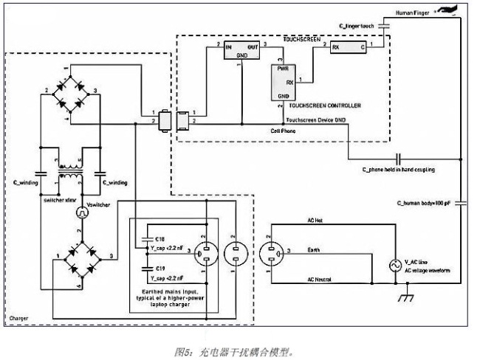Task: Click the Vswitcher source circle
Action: click(x=83, y=213)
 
